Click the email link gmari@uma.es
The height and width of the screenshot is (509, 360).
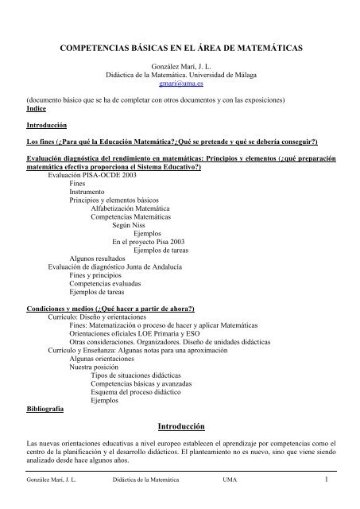click(x=180, y=82)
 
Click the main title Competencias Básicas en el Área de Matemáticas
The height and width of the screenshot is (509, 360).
click(x=180, y=50)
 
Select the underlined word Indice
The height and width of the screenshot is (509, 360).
click(x=37, y=109)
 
